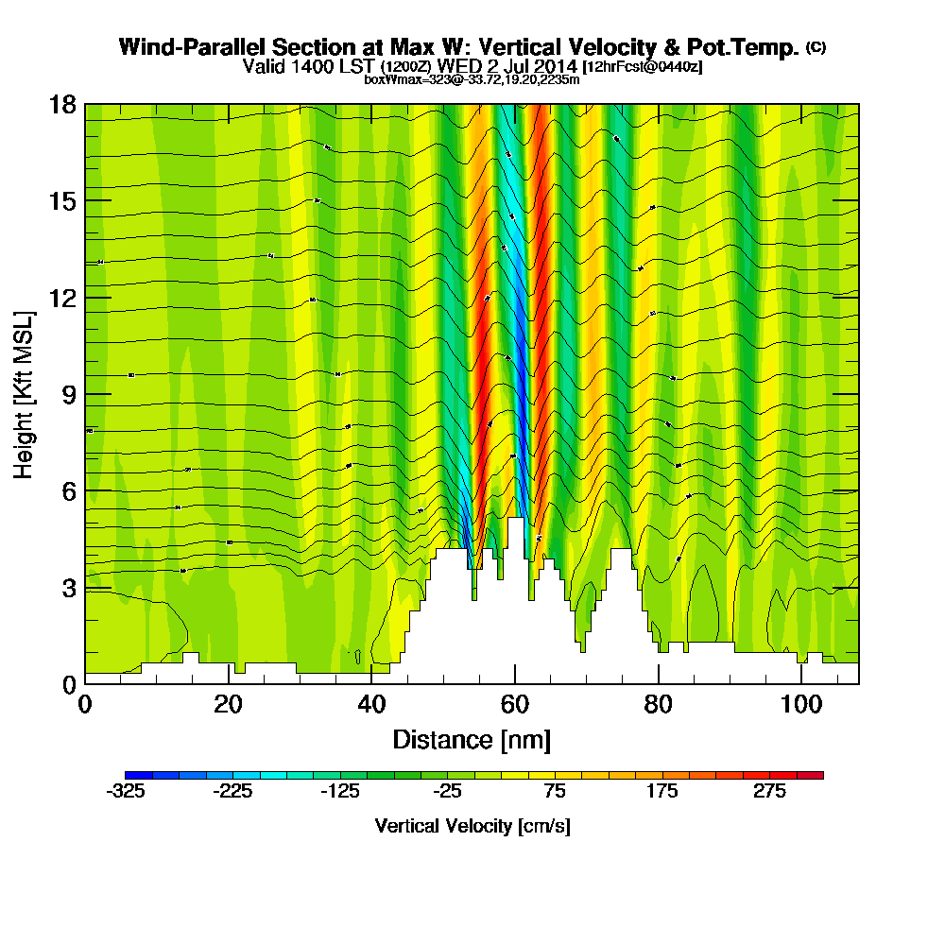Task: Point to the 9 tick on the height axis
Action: point(68,394)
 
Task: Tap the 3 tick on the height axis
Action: point(68,588)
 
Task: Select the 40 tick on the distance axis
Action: point(371,705)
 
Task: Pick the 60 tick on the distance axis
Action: point(515,705)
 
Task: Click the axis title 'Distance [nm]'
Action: point(472,739)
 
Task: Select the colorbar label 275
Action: point(769,792)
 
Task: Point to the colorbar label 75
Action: point(555,792)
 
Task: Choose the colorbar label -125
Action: point(340,792)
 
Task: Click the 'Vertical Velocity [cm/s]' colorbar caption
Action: point(472,826)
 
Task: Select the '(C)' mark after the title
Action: point(816,46)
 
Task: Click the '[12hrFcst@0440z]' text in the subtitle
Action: point(643,67)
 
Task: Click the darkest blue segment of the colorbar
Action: point(131,775)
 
